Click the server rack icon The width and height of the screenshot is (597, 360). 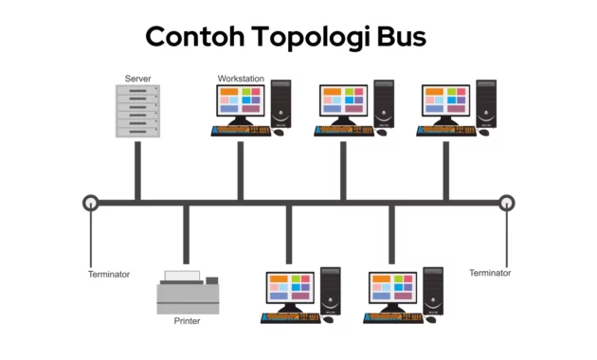137,110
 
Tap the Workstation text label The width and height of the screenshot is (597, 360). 241,78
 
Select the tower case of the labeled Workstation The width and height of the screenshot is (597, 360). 280,103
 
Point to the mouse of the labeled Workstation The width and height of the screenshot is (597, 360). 278,133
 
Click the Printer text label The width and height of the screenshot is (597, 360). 187,321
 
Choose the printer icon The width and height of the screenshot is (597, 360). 188,293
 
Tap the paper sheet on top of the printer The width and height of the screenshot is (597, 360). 183,276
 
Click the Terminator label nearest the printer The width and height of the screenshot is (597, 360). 109,274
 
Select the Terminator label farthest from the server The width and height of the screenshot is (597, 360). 490,273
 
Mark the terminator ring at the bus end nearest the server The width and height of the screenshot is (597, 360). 90,202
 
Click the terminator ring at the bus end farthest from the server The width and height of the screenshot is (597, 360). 507,202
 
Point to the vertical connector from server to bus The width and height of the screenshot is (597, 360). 137,171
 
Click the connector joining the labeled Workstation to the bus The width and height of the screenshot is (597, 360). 241,171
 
